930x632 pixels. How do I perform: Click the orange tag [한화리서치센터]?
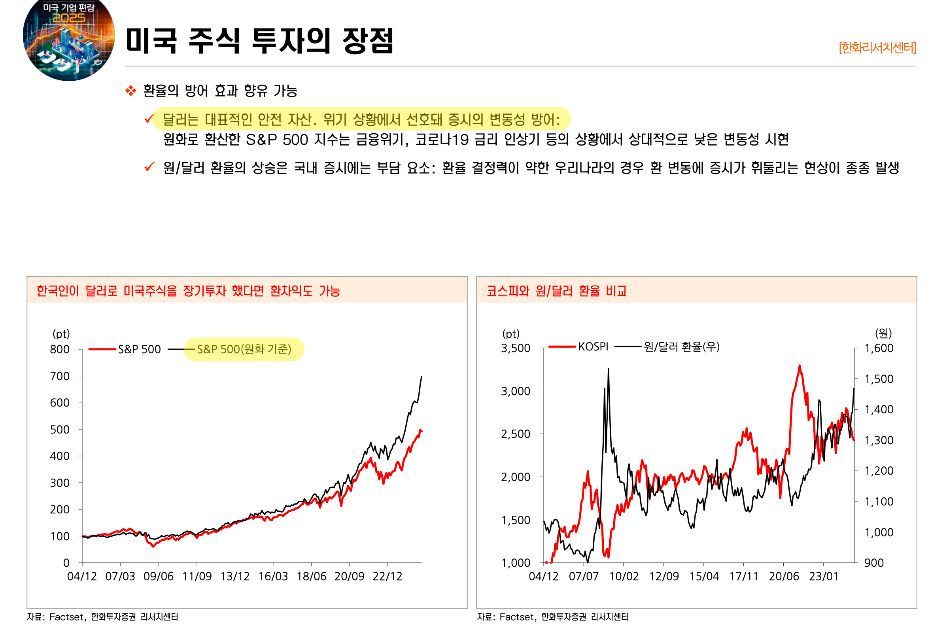(877, 47)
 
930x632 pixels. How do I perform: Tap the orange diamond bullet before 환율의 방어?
(130, 91)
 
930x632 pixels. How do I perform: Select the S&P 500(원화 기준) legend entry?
(244, 350)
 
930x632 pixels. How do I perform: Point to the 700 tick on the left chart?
(60, 376)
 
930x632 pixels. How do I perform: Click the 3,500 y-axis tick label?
(516, 348)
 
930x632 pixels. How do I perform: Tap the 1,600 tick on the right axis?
(879, 348)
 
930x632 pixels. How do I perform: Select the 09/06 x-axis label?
(159, 576)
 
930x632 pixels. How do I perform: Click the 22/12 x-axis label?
(387, 576)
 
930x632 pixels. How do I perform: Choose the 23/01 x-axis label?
(824, 576)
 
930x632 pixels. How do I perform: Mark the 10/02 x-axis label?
(624, 576)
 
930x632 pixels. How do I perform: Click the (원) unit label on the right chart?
(883, 333)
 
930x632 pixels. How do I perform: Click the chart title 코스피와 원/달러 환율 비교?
(556, 291)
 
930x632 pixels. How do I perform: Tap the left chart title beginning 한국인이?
(188, 291)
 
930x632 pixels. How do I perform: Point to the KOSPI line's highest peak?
(800, 366)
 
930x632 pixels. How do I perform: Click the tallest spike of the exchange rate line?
(608, 369)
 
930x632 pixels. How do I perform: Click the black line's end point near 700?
(422, 377)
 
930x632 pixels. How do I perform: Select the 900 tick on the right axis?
(874, 563)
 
